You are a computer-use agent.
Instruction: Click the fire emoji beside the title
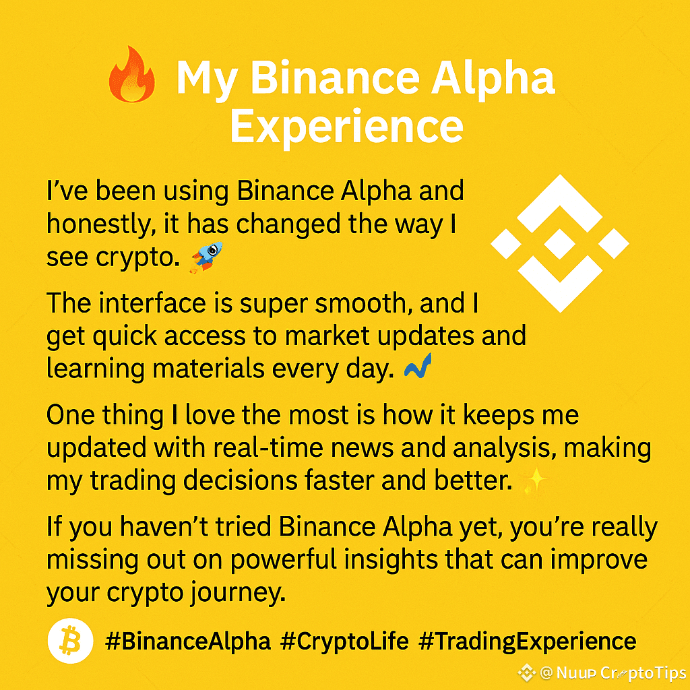coord(131,74)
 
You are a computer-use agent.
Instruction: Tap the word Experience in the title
coord(347,127)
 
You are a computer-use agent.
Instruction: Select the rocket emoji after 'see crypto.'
coord(206,257)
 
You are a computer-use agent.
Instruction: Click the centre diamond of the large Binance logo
coord(560,244)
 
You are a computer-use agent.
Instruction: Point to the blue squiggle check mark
coord(418,366)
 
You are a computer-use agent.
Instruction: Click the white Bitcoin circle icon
coord(70,641)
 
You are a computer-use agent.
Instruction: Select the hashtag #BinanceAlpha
coord(188,641)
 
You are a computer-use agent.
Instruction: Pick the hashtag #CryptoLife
coord(344,641)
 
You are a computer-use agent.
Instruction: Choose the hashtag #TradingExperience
coord(527,641)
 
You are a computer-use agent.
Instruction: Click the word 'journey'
coord(239,594)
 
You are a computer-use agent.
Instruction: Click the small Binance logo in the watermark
coord(526,673)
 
